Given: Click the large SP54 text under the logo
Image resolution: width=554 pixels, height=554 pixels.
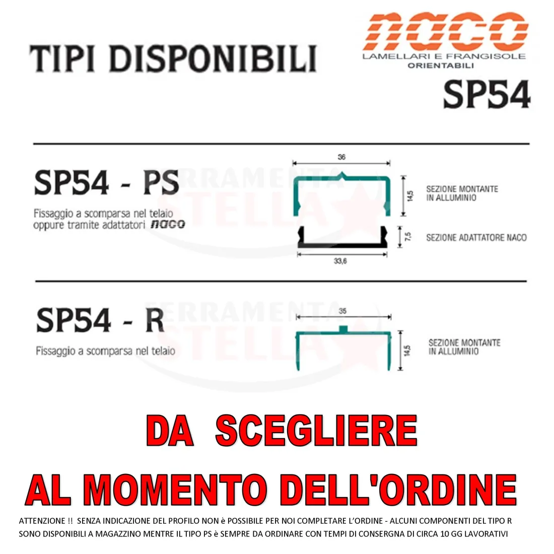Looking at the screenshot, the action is click(487, 94).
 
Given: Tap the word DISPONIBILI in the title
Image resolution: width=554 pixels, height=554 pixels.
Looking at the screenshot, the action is click(213, 58).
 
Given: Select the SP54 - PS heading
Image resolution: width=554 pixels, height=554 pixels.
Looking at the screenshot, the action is click(106, 183).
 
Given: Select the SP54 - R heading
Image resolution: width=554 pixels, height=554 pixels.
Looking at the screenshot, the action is click(100, 320).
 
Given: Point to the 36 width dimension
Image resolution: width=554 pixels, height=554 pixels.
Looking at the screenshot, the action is click(341, 157).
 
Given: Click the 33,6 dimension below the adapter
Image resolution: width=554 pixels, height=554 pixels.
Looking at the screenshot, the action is click(340, 261).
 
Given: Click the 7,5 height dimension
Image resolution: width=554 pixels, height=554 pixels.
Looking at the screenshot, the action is click(408, 237).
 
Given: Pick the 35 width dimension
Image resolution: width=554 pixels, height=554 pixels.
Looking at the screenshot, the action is click(342, 311).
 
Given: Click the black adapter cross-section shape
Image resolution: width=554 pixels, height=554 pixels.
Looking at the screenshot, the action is click(342, 244).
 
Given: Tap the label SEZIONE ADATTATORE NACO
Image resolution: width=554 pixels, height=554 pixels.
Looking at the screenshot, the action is click(476, 237).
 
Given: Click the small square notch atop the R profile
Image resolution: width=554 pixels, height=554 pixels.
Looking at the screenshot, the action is click(343, 329).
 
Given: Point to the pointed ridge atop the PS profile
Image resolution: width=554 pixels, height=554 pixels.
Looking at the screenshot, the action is click(341, 175).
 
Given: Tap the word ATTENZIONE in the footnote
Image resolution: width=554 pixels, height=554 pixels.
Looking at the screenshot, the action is click(42, 521).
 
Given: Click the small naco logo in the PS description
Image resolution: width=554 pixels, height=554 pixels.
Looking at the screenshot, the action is click(168, 224).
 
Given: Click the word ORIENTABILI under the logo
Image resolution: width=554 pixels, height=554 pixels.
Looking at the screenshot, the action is click(441, 65).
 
